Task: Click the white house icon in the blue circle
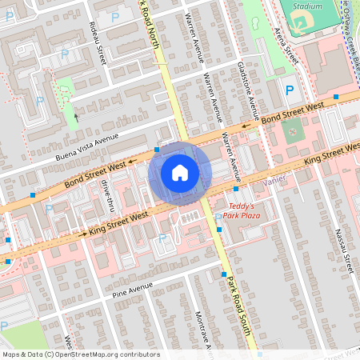[x=179, y=173]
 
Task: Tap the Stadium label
[x=308, y=5]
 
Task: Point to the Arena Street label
[x=286, y=47]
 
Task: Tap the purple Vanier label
[x=274, y=180]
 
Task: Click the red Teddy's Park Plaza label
[x=242, y=210]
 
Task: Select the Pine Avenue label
[x=133, y=286]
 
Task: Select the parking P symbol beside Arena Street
[x=290, y=91]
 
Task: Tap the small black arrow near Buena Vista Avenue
[x=77, y=117]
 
